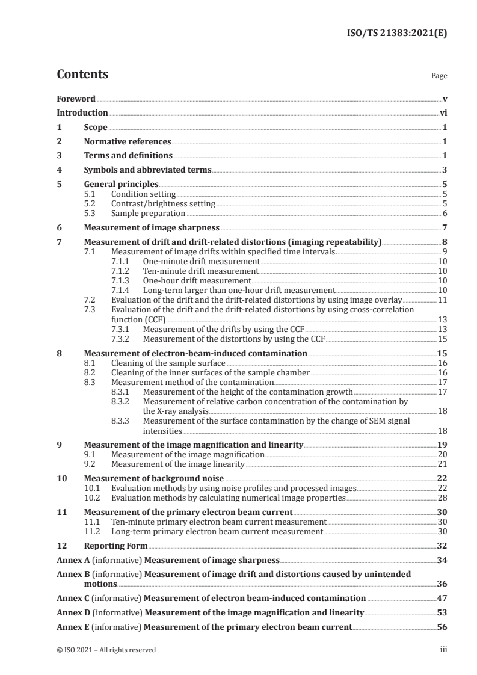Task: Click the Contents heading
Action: [x=82, y=75]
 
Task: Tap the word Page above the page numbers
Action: [x=439, y=76]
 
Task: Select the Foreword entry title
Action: [x=76, y=99]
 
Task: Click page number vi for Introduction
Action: [x=443, y=113]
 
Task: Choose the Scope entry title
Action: [x=96, y=128]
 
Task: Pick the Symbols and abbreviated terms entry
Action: [x=147, y=170]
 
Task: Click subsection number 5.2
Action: [x=90, y=204]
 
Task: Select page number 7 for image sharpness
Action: [x=445, y=228]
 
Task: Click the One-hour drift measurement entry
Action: [x=197, y=281]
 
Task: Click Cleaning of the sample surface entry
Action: [x=168, y=363]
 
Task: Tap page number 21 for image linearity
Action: [x=442, y=464]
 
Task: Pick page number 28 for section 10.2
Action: [x=442, y=498]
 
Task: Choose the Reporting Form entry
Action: [x=115, y=546]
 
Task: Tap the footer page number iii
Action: [x=443, y=650]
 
